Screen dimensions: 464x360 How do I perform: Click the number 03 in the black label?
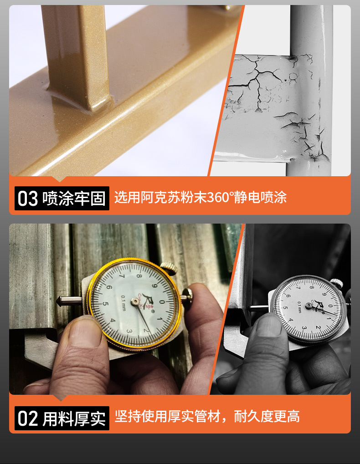[x=28, y=199]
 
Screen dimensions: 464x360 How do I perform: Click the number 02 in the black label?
[x=28, y=418]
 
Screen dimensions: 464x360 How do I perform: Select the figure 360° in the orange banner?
[x=221, y=198]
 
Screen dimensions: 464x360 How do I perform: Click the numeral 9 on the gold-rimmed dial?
[x=155, y=286]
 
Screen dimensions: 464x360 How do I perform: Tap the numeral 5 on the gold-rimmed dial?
[x=106, y=304]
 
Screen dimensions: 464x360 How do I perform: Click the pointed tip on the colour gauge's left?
[x=60, y=301]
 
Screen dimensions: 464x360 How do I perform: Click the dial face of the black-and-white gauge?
[x=307, y=307]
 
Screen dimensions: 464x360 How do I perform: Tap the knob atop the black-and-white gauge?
[x=335, y=283]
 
